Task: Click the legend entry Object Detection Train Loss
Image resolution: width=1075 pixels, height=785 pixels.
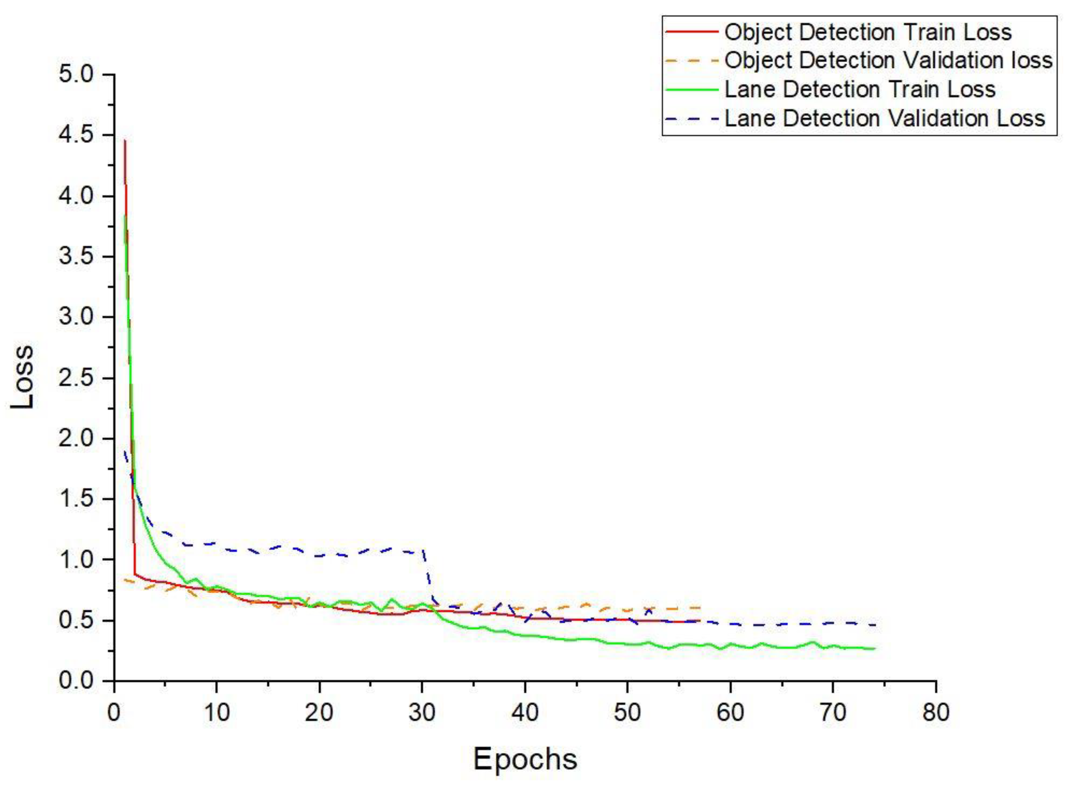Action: click(x=868, y=33)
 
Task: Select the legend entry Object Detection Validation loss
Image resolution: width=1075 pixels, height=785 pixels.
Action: click(x=888, y=61)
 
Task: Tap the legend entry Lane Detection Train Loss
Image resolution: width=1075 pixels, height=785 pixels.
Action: click(x=860, y=89)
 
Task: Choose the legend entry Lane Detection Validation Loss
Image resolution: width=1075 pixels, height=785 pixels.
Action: click(x=885, y=118)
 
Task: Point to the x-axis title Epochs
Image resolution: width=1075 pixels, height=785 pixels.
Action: click(x=525, y=759)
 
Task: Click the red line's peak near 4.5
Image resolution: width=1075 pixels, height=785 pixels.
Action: click(x=125, y=141)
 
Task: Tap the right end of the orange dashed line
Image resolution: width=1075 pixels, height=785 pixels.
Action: click(x=700, y=608)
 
